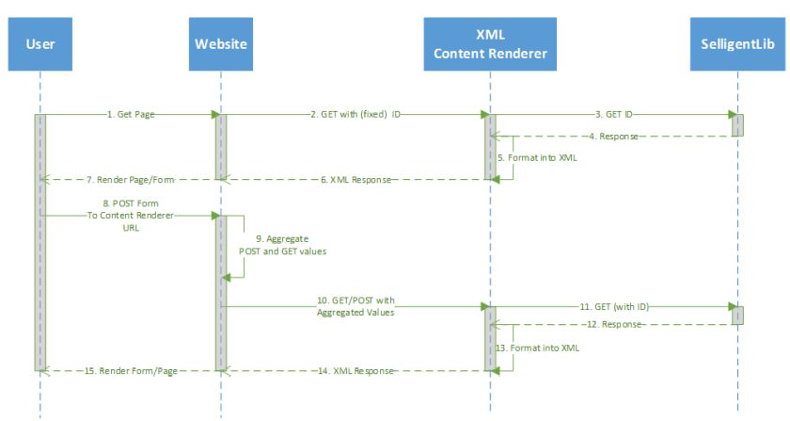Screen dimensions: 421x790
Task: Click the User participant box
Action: coord(40,44)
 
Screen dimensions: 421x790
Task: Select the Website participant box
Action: coord(220,44)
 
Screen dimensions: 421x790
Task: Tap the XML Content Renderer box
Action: coord(488,44)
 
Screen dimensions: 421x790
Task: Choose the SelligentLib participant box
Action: coord(737,44)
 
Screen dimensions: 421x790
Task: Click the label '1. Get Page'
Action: coord(131,114)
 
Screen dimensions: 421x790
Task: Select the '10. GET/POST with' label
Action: coord(355,299)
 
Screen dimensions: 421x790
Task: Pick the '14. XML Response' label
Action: coord(358,370)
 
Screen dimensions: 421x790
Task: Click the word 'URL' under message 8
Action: coord(130,227)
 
